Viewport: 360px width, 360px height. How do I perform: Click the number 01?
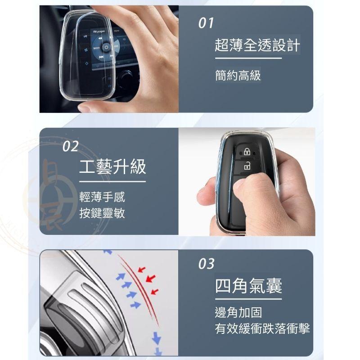click(207, 23)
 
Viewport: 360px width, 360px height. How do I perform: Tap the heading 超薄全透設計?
click(257, 45)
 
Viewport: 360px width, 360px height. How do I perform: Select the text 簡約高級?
click(238, 75)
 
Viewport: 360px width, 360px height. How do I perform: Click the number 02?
click(70, 146)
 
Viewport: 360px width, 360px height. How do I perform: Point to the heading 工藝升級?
click(112, 167)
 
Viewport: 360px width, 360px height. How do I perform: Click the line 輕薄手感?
click(102, 197)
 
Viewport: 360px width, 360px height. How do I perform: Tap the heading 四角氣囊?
click(248, 286)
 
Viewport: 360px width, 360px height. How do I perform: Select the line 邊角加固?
click(238, 312)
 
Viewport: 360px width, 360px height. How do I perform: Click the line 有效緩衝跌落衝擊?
click(262, 329)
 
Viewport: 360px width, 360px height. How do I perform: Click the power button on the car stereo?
click(106, 47)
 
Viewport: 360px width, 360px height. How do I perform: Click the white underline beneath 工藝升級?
click(112, 181)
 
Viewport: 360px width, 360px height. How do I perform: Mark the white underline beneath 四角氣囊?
click(248, 299)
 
